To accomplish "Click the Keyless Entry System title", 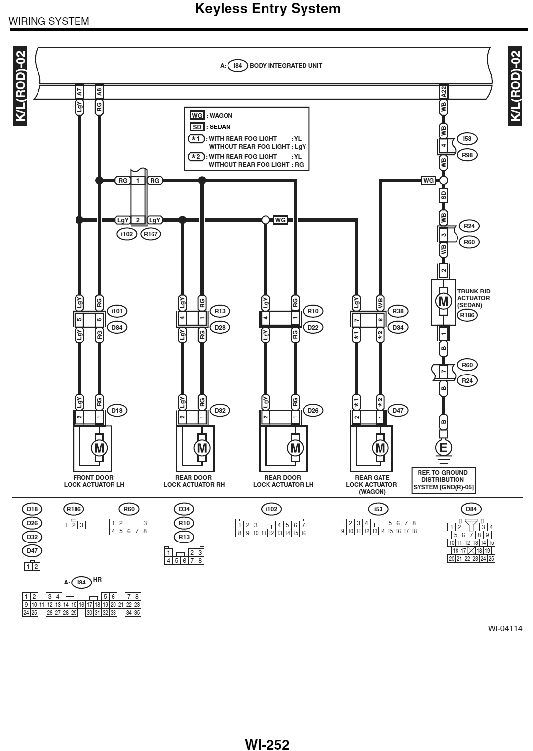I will coord(268,9).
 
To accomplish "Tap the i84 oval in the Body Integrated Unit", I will coord(238,66).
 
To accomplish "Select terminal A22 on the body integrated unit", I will coord(444,91).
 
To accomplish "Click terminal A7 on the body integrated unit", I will coord(79,91).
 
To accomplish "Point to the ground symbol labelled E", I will coord(443,448).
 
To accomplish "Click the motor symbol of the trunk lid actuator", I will coord(443,301).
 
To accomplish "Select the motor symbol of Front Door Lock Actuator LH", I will coord(99,448).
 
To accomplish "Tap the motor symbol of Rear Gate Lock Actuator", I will coord(380,448).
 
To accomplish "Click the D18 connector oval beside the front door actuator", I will coord(117,410).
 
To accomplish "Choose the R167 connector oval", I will coord(151,234).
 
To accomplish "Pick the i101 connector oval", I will coord(117,311).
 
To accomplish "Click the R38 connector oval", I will coord(398,311).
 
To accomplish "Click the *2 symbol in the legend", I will coord(196,157).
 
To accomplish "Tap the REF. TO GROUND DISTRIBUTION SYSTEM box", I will coord(443,480).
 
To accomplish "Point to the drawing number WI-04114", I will coord(505,629).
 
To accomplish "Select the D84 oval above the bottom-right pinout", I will coord(471,509).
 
